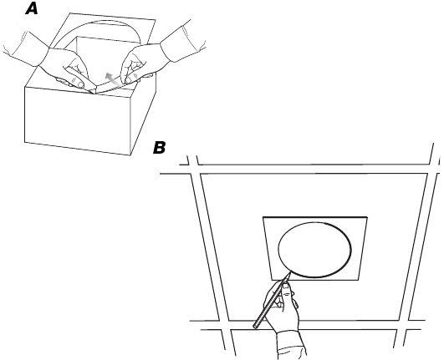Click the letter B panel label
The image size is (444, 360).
160,148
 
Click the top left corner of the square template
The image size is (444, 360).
263,218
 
